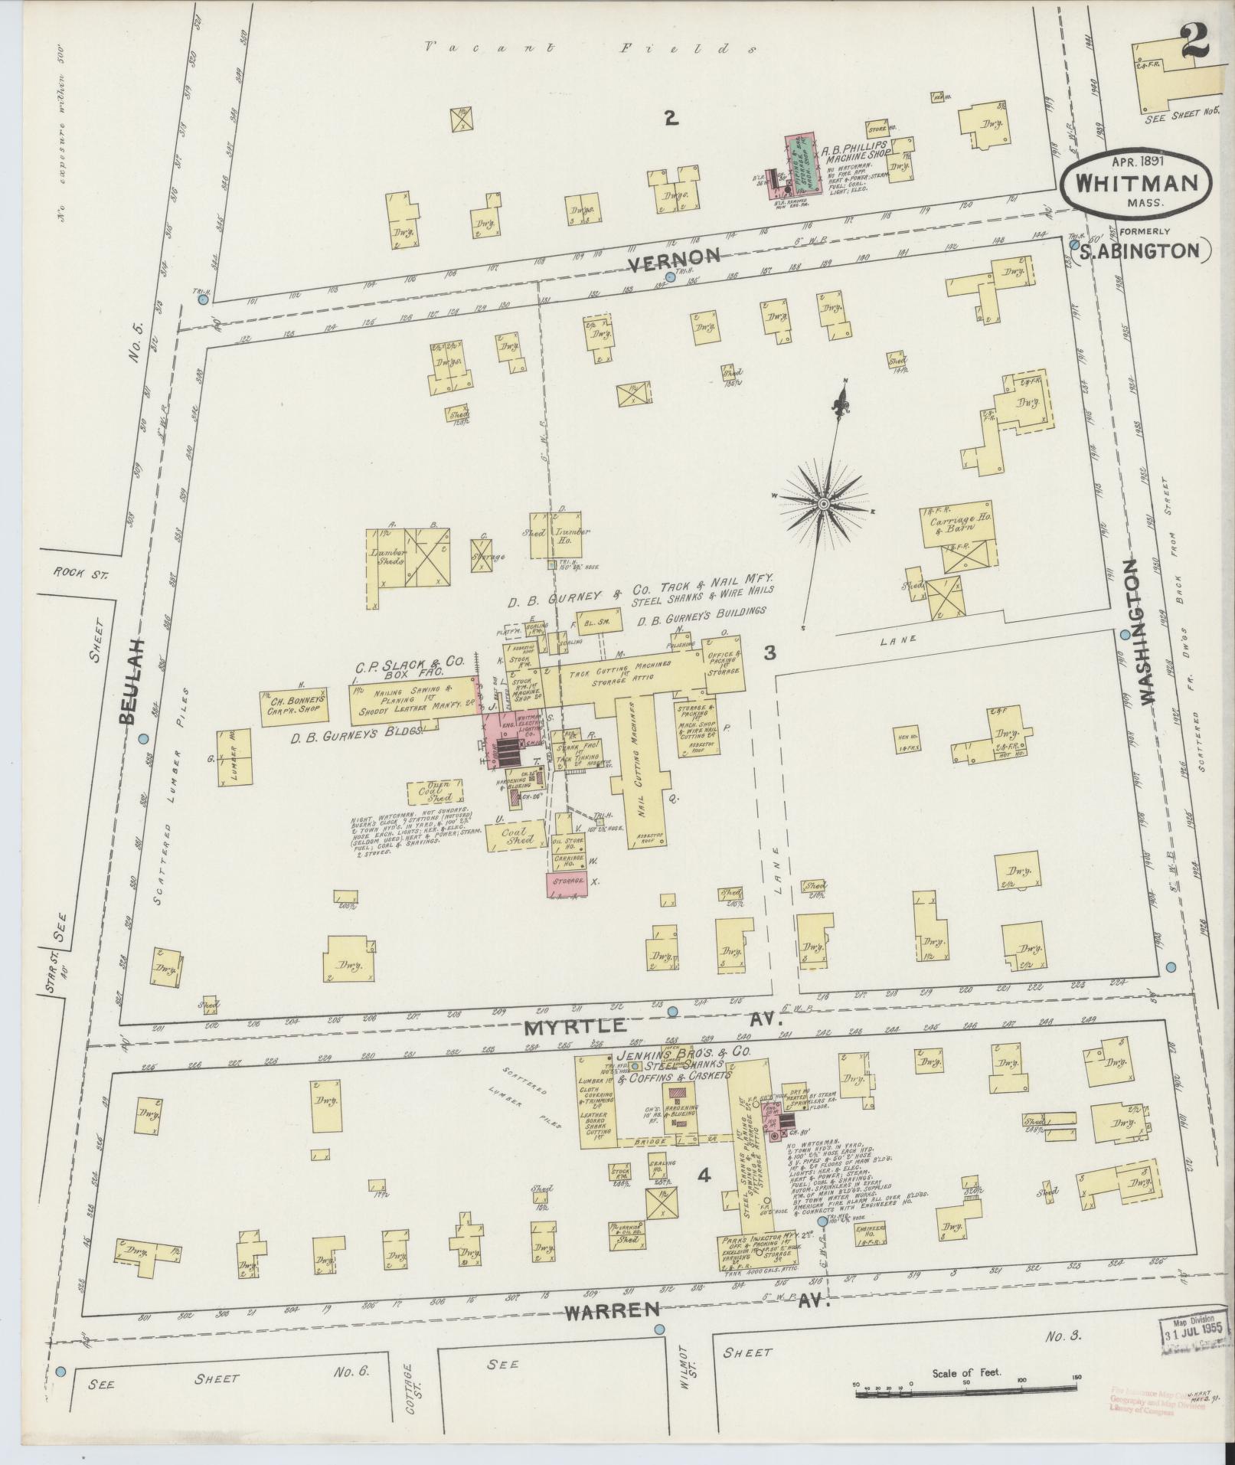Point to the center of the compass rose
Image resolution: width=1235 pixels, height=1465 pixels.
coord(824,504)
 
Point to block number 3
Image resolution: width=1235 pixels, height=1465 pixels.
coord(769,652)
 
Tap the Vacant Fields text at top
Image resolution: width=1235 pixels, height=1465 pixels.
coord(590,47)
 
